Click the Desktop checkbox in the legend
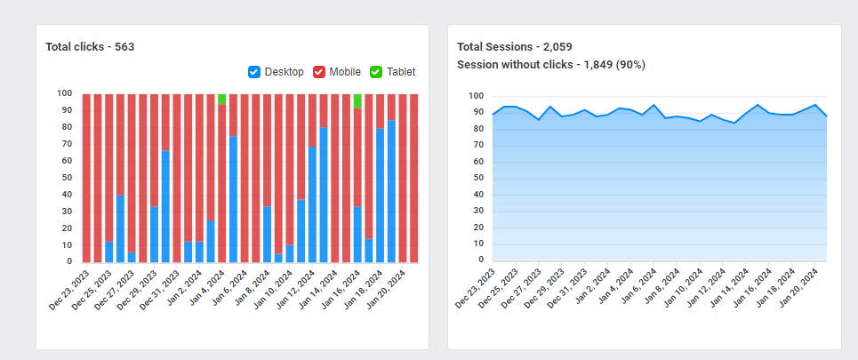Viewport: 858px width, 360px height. [x=254, y=72]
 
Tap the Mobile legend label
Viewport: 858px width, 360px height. [x=345, y=72]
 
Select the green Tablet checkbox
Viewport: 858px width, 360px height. [x=376, y=72]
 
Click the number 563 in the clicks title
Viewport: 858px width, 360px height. [x=124, y=46]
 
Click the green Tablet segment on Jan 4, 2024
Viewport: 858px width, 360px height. [x=222, y=99]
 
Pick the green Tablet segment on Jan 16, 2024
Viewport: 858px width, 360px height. [x=357, y=100]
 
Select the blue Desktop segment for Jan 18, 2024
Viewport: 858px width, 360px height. [x=381, y=196]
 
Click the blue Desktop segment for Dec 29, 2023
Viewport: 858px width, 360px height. [x=155, y=234]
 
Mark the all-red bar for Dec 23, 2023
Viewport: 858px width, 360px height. [x=87, y=178]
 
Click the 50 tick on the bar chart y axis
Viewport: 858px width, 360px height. [x=65, y=178]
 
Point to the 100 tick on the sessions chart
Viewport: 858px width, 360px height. [x=476, y=96]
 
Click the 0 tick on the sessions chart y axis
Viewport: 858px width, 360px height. [x=481, y=260]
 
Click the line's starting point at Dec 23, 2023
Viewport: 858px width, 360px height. [x=493, y=115]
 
